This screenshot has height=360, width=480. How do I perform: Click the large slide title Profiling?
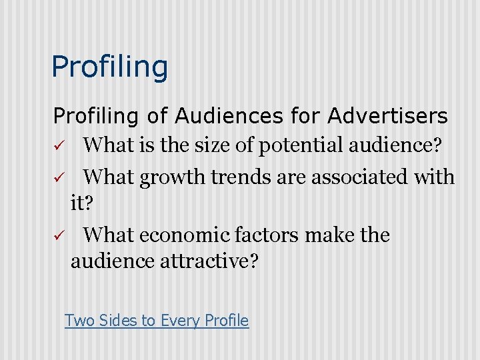click(110, 67)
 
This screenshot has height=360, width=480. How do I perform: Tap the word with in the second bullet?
click(435, 177)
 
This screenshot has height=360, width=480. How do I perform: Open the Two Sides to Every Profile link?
click(157, 321)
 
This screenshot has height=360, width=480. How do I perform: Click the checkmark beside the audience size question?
click(58, 145)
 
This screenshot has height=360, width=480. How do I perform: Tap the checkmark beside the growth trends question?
click(58, 178)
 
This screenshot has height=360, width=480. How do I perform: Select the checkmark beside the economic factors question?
click(58, 236)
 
